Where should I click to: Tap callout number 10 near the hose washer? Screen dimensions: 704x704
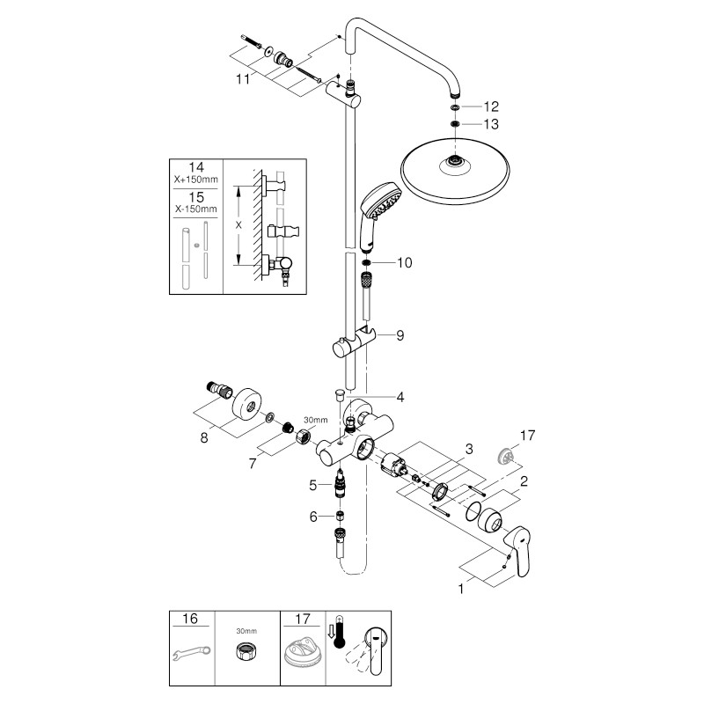pos(404,262)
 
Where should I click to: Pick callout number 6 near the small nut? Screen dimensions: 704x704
pos(314,517)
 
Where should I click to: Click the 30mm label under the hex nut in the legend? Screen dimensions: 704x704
pos(246,631)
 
